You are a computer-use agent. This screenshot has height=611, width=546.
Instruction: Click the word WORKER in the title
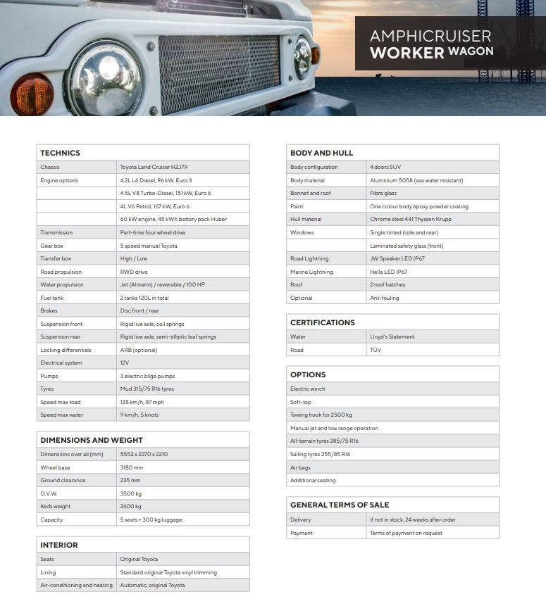click(407, 53)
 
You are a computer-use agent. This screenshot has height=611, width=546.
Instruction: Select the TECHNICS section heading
click(61, 153)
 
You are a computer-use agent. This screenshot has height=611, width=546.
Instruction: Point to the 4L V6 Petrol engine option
click(154, 206)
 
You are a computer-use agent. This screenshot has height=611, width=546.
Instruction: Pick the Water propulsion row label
click(62, 284)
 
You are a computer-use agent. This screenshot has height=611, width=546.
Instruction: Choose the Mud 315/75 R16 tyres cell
click(147, 389)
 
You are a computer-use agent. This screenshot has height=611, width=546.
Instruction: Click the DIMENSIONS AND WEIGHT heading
click(92, 440)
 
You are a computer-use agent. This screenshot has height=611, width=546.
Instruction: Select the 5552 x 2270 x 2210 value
click(144, 454)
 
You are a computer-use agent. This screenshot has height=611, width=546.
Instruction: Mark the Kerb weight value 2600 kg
click(131, 506)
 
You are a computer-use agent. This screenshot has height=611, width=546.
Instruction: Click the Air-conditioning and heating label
click(76, 585)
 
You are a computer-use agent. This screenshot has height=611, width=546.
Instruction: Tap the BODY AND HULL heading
click(322, 153)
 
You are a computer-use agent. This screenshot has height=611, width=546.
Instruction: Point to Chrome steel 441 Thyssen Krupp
click(409, 220)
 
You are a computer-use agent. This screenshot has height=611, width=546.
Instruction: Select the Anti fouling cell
click(385, 298)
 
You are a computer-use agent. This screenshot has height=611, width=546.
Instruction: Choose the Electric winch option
click(308, 389)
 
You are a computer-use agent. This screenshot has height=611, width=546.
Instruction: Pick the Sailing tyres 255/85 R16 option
click(320, 454)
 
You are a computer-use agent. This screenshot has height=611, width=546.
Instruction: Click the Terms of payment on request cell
click(406, 533)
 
